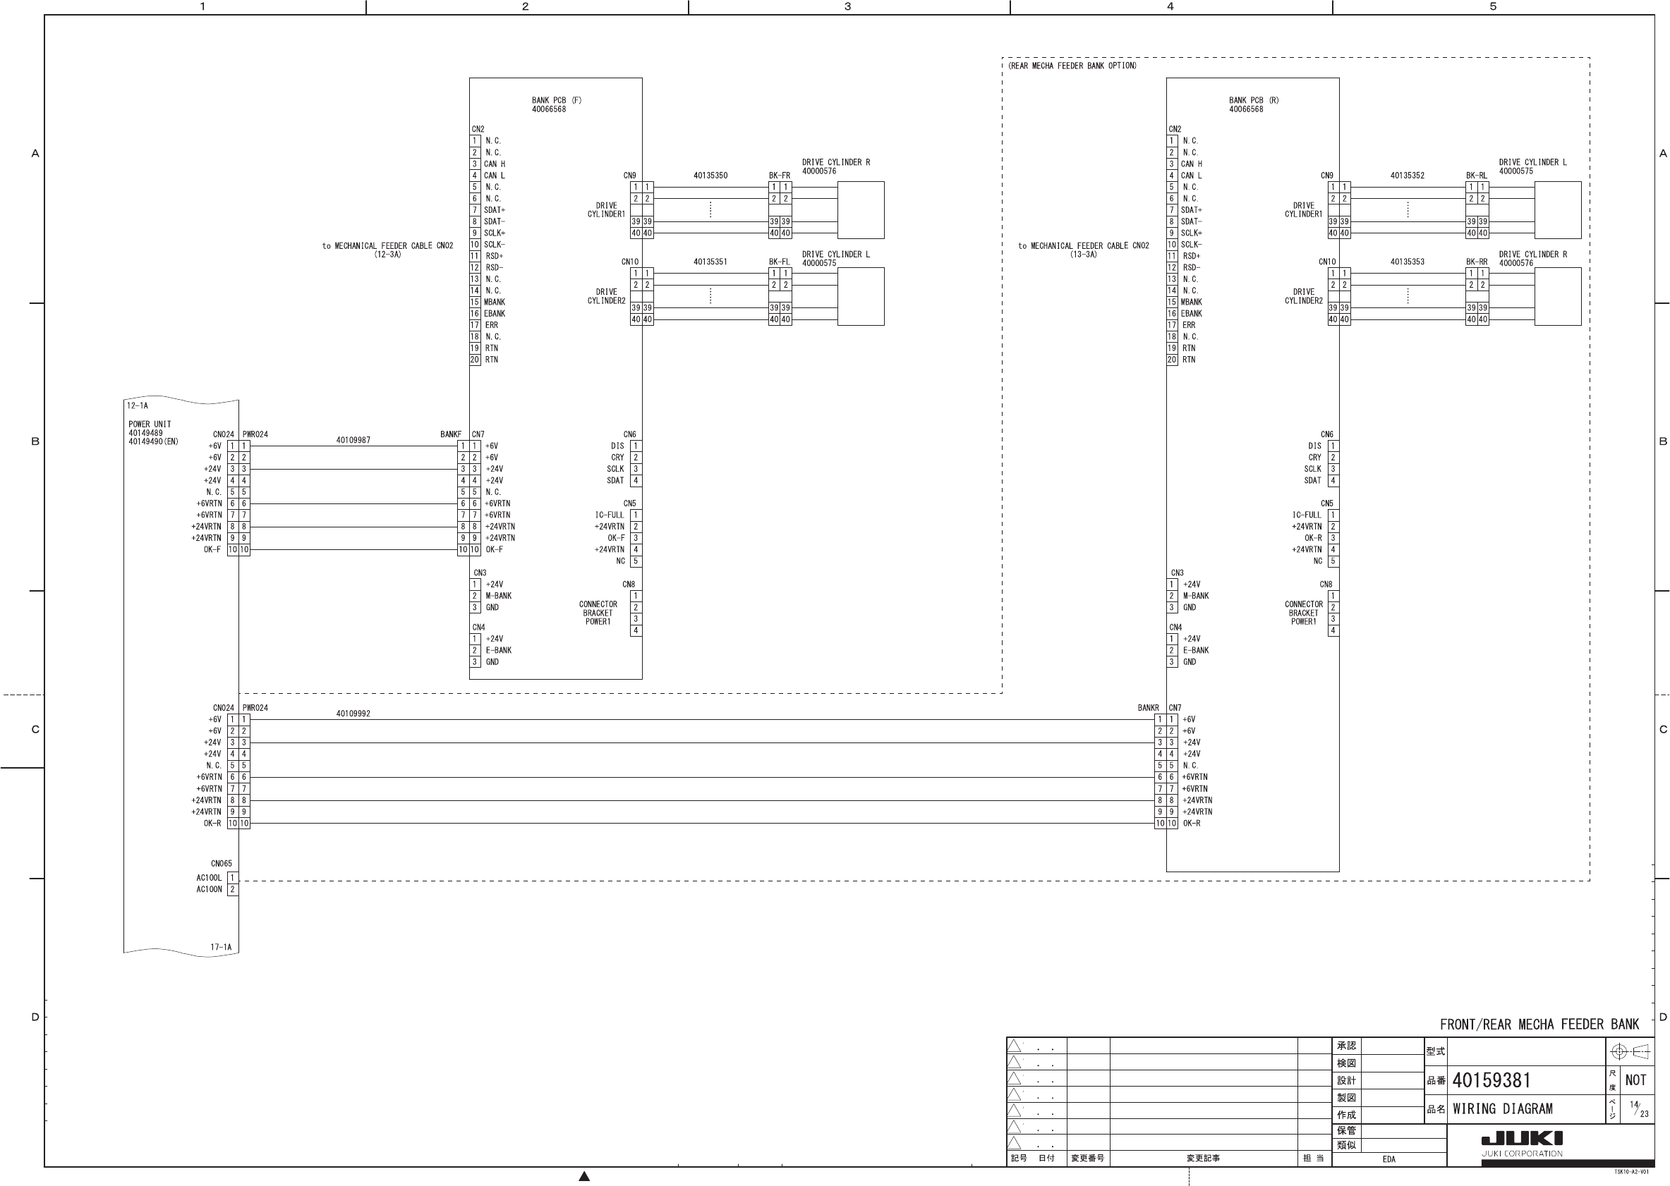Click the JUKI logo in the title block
tap(1522, 1138)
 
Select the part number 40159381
tap(1491, 1080)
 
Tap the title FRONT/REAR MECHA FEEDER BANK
tap(1539, 1025)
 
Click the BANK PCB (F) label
tap(556, 101)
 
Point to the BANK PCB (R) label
tap(1253, 101)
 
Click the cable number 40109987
tap(353, 441)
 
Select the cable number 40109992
tap(353, 714)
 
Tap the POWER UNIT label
tap(150, 424)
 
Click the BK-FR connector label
tap(780, 176)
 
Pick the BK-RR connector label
tap(1477, 262)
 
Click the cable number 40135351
tap(710, 262)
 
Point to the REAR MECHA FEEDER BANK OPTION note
tap(1072, 66)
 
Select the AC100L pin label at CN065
tap(209, 878)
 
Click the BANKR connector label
tap(1148, 708)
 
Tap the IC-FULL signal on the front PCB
tap(610, 515)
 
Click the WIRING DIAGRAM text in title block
tap(1502, 1108)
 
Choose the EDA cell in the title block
tap(1388, 1159)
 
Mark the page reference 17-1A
tap(221, 947)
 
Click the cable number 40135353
tap(1407, 262)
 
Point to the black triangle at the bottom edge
tap(583, 1177)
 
